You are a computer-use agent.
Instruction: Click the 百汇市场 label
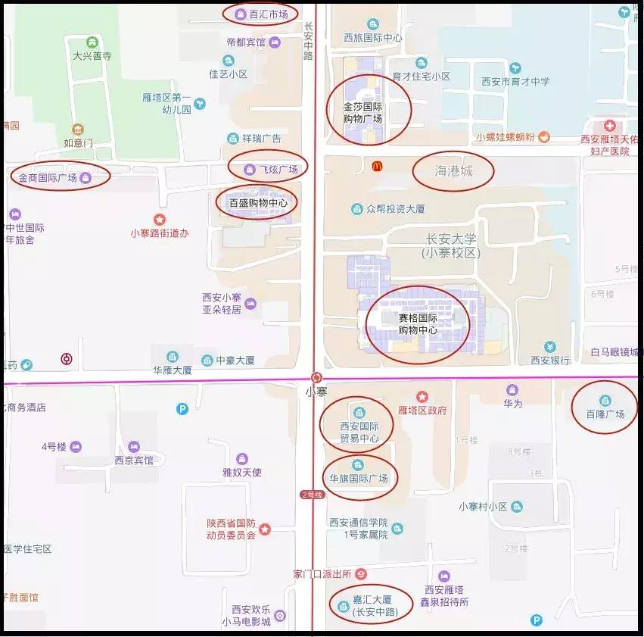tap(268, 14)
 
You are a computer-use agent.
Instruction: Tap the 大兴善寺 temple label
tap(92, 55)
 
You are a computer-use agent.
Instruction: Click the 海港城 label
tap(453, 171)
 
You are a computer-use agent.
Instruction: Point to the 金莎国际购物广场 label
tap(362, 113)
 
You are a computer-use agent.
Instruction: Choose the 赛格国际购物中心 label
tap(418, 324)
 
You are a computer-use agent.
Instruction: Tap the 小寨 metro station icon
tap(316, 377)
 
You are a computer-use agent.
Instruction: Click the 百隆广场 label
tap(605, 414)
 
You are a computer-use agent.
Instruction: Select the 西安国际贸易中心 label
tap(359, 432)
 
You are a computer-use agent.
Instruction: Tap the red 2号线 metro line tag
tap(312, 495)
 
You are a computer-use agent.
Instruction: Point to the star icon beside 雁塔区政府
tap(422, 396)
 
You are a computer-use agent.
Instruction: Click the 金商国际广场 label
tap(48, 178)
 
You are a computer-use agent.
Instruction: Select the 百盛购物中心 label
tap(258, 203)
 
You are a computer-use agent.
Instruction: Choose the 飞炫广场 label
tap(278, 169)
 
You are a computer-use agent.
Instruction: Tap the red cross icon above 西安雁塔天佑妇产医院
tap(609, 125)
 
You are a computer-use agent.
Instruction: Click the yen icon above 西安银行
tap(550, 347)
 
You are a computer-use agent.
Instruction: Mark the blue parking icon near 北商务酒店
tap(182, 409)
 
